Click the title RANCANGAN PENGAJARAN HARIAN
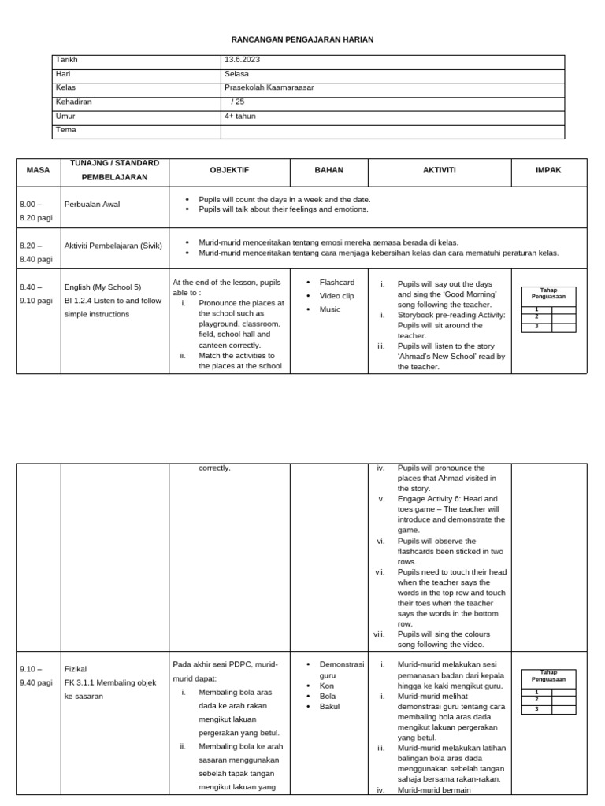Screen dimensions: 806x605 point(302,39)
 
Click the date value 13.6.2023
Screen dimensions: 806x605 point(243,60)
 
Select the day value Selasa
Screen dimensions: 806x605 point(236,74)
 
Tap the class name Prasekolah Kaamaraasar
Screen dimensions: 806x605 point(269,87)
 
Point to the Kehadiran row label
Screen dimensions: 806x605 point(73,102)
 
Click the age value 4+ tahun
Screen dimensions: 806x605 point(240,116)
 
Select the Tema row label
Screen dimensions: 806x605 point(65,129)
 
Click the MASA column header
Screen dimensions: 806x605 point(38,170)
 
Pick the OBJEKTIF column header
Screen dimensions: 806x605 point(229,170)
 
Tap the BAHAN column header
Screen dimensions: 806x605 point(329,170)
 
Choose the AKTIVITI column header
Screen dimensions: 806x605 point(439,170)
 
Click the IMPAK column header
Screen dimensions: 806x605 point(548,170)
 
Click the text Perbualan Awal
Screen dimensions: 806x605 point(92,205)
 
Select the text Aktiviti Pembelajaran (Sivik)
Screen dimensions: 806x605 point(113,245)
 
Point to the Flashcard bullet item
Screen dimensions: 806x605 point(336,283)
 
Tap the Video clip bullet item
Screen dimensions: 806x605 point(337,296)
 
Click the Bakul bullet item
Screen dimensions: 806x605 point(329,707)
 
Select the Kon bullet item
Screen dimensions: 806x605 point(326,686)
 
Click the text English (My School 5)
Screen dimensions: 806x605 point(102,287)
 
